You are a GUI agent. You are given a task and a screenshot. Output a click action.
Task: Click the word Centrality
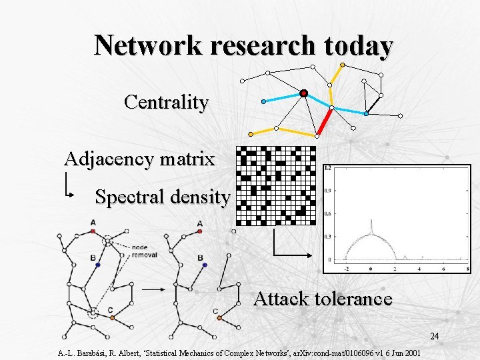coord(166,103)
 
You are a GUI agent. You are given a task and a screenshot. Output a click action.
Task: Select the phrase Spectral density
coord(163,197)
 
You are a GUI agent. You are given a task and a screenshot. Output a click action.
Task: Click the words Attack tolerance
coord(323,299)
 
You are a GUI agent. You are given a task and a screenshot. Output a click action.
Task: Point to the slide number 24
coord(434,336)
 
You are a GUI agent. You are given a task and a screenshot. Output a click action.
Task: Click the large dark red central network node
coord(303,93)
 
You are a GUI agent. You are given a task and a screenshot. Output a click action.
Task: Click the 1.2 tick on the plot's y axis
coord(328,169)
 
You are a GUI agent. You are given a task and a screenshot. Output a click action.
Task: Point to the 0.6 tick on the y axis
coord(328,214)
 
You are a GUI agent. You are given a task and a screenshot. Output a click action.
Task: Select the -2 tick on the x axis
coord(346,269)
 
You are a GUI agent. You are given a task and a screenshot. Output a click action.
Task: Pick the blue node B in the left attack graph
coord(97,265)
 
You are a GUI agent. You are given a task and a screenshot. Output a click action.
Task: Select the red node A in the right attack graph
coord(200,232)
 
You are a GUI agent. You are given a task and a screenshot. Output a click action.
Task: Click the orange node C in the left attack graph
coord(112,318)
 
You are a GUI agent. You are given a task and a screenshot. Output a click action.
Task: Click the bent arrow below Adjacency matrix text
coord(69,186)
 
